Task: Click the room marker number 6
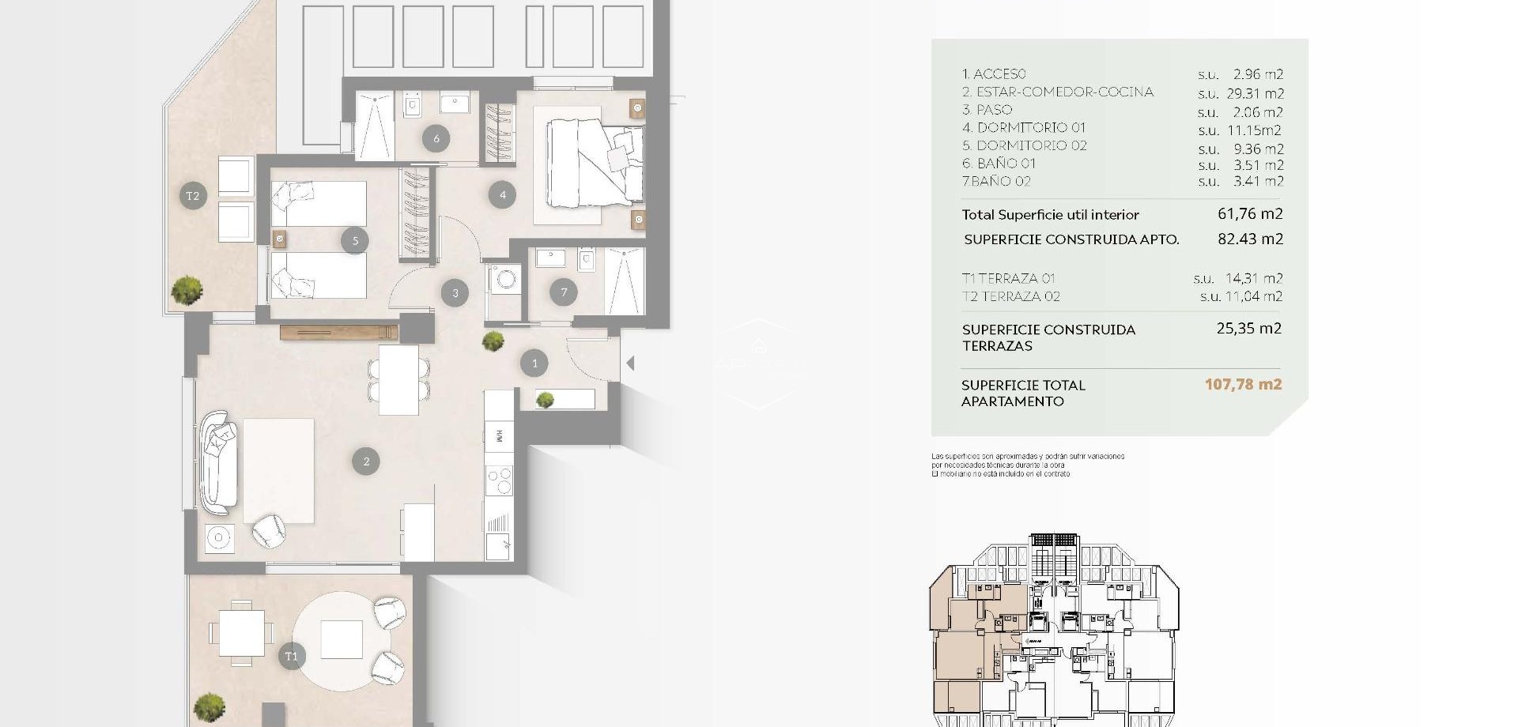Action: (436, 139)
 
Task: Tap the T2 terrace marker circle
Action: (193, 195)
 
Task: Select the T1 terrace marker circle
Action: (292, 656)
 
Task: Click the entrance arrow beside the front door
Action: (630, 363)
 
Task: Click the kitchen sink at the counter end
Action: (498, 544)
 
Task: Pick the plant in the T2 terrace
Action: (187, 290)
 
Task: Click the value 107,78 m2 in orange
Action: (1243, 385)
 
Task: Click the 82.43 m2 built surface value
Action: (1250, 239)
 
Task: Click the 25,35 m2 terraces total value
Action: (1248, 329)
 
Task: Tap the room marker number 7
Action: (564, 292)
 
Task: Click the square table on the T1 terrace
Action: (242, 633)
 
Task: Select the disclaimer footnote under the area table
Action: (1027, 465)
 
